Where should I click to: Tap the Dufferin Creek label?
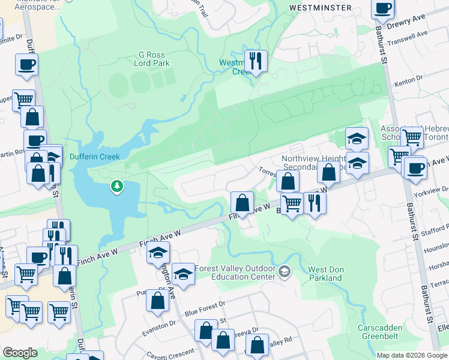[95, 157]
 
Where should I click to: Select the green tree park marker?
[116, 187]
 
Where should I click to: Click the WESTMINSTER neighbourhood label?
[320, 8]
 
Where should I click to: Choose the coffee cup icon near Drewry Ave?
[383, 8]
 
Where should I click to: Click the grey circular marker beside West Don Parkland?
[285, 273]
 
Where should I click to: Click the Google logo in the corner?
[20, 353]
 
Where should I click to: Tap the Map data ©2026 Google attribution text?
[411, 355]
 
